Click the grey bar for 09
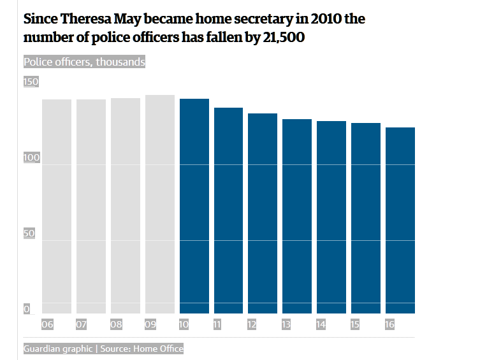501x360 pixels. tap(160, 204)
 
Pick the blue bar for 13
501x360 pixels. tap(297, 216)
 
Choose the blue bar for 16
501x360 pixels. tap(400, 220)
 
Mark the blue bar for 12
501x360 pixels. tap(263, 213)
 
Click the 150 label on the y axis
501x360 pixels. tap(31, 82)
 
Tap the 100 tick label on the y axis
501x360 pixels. tap(31, 157)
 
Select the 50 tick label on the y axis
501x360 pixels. tap(29, 233)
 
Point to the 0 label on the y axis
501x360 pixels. tap(27, 309)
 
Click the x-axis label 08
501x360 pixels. tap(115, 325)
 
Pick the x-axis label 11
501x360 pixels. tap(217, 325)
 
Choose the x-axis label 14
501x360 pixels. tap(321, 325)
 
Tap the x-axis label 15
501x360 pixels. tap(355, 325)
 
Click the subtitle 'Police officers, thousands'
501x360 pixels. tap(84, 62)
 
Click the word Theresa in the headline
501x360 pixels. tap(86, 18)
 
